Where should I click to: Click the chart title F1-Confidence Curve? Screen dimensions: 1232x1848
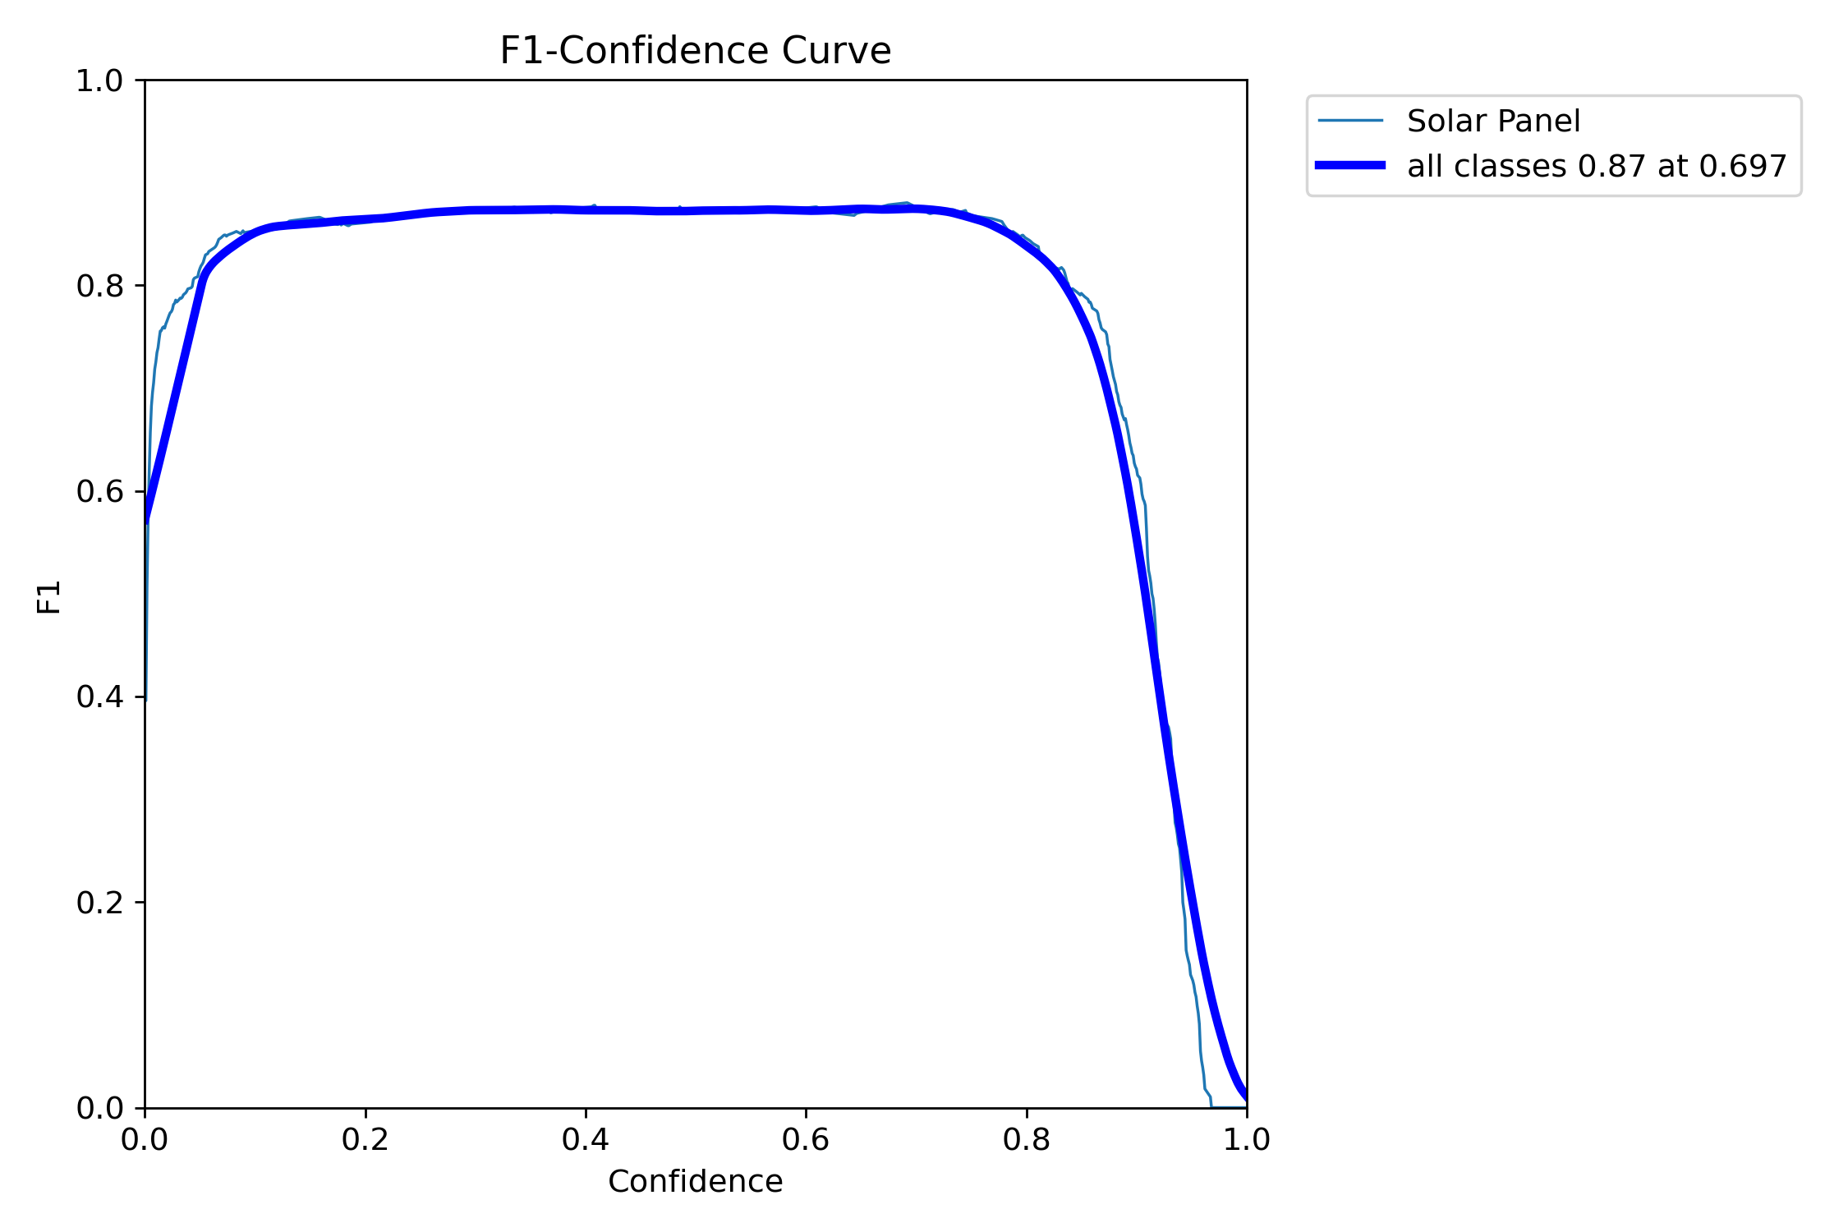[695, 51]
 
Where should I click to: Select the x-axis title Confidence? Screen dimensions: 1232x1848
[695, 1182]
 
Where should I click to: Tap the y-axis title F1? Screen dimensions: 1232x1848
[49, 597]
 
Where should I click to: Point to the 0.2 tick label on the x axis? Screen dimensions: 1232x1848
[365, 1140]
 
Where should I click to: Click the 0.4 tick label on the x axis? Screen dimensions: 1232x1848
[586, 1140]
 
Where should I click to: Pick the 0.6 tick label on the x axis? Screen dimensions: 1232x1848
[806, 1140]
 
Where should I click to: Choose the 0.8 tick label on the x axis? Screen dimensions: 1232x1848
[1027, 1140]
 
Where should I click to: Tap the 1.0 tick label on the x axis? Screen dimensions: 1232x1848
[1247, 1140]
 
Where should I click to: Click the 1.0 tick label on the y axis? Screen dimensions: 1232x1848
[99, 81]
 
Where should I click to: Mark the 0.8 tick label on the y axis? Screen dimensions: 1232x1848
[99, 287]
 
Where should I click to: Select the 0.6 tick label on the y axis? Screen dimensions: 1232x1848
[99, 492]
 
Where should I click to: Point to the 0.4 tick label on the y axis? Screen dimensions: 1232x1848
[99, 697]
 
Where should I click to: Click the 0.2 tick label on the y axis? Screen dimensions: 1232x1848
[99, 903]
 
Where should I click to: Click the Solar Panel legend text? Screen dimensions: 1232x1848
[1493, 122]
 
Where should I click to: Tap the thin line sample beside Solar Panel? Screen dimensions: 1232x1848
[1350, 121]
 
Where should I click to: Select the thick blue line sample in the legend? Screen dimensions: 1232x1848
[1350, 165]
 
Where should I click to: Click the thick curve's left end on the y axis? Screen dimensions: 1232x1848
[146, 519]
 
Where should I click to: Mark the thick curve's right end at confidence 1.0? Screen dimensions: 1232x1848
[1246, 1096]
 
